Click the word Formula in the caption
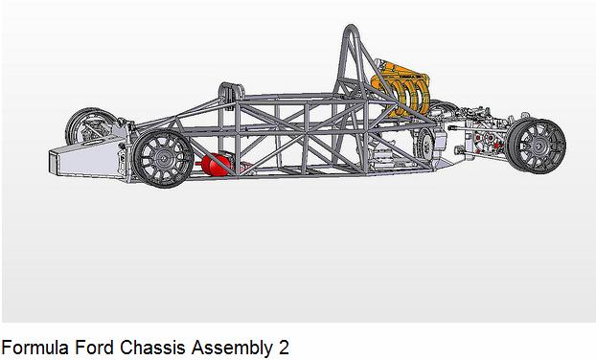[34, 348]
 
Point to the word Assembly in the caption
[231, 349]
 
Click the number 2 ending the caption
[283, 348]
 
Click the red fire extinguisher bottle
[216, 165]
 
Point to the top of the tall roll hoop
[352, 28]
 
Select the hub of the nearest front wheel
[164, 159]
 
